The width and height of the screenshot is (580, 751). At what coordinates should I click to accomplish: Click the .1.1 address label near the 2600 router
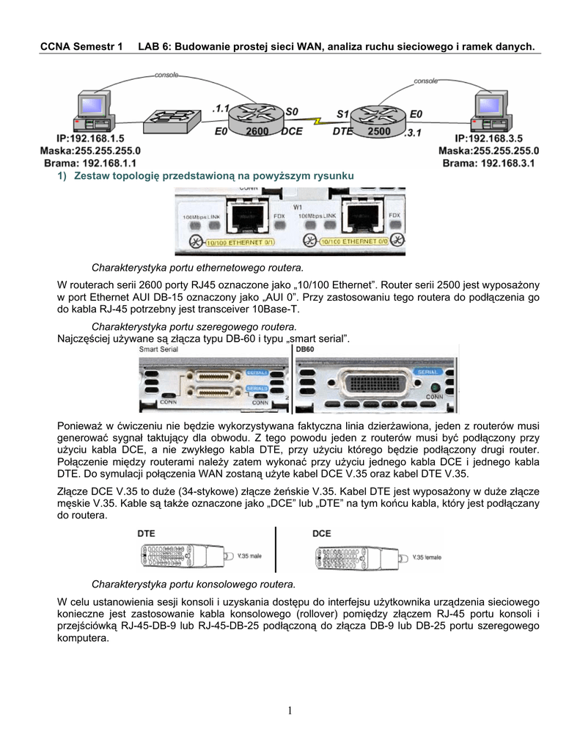[219, 107]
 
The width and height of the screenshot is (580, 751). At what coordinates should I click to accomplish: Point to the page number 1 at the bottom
[290, 710]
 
